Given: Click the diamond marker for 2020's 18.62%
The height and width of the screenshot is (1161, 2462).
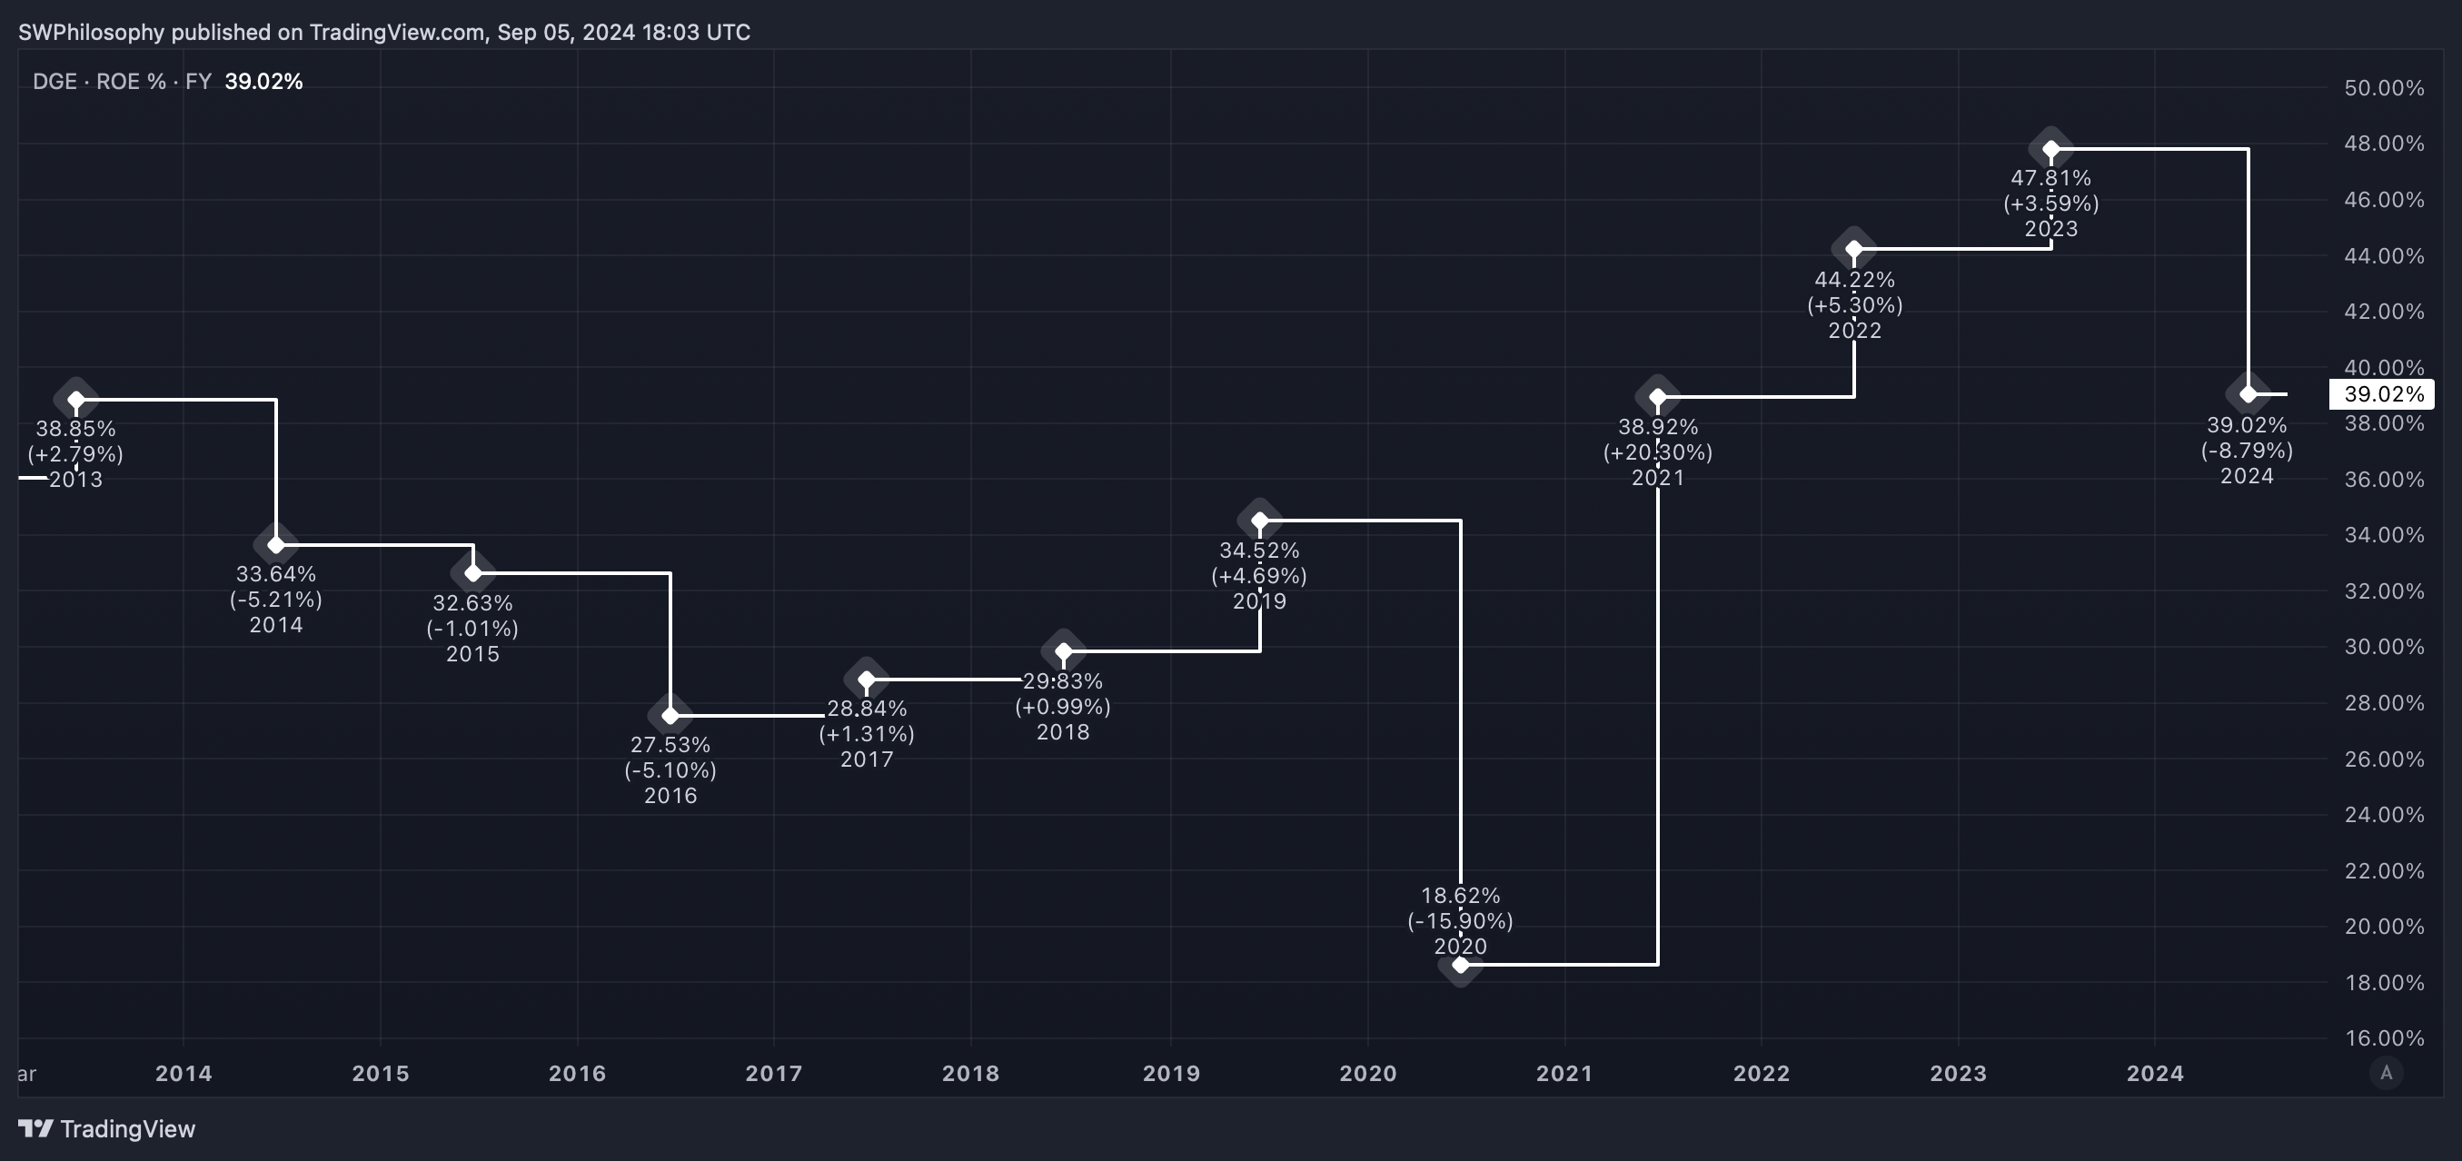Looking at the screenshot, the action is [x=1460, y=965].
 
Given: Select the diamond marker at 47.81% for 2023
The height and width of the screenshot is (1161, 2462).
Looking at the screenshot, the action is [x=2051, y=149].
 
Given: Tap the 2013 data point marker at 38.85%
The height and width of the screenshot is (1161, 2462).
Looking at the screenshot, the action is [x=76, y=401].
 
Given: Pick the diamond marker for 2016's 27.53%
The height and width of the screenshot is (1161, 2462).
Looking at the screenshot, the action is [x=670, y=716].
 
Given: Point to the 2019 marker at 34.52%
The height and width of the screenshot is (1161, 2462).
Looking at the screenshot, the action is [x=1260, y=521].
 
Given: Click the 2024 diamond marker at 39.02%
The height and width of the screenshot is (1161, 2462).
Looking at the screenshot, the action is [x=2248, y=393].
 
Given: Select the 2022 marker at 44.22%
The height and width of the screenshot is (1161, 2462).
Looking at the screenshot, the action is [x=1854, y=250].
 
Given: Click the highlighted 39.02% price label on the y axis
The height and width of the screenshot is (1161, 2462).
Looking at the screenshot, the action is [x=2383, y=394].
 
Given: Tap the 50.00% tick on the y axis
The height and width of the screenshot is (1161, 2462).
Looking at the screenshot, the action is [x=2384, y=88].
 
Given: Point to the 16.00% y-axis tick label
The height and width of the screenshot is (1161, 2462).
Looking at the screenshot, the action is [x=2384, y=1037].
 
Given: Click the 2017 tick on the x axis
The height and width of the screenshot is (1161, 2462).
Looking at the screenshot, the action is [x=773, y=1073].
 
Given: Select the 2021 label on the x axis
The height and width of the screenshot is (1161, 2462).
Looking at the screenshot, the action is [x=1564, y=1073].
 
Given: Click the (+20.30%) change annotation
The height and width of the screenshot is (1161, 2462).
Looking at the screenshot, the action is [x=1658, y=452].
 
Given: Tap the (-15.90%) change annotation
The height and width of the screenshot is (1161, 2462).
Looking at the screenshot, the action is [x=1460, y=921].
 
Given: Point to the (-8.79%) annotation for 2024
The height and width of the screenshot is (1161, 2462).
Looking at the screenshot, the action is [x=2247, y=450].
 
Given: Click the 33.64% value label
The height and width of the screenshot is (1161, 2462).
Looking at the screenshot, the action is [x=276, y=574].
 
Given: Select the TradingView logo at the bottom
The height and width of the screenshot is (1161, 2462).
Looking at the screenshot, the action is [x=107, y=1128].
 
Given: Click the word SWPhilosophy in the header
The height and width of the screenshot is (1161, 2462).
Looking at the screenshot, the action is [x=92, y=33].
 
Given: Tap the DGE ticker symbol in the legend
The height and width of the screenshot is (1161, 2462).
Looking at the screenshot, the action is [x=55, y=81].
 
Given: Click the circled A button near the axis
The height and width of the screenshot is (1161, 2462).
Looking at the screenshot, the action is [x=2387, y=1073].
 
